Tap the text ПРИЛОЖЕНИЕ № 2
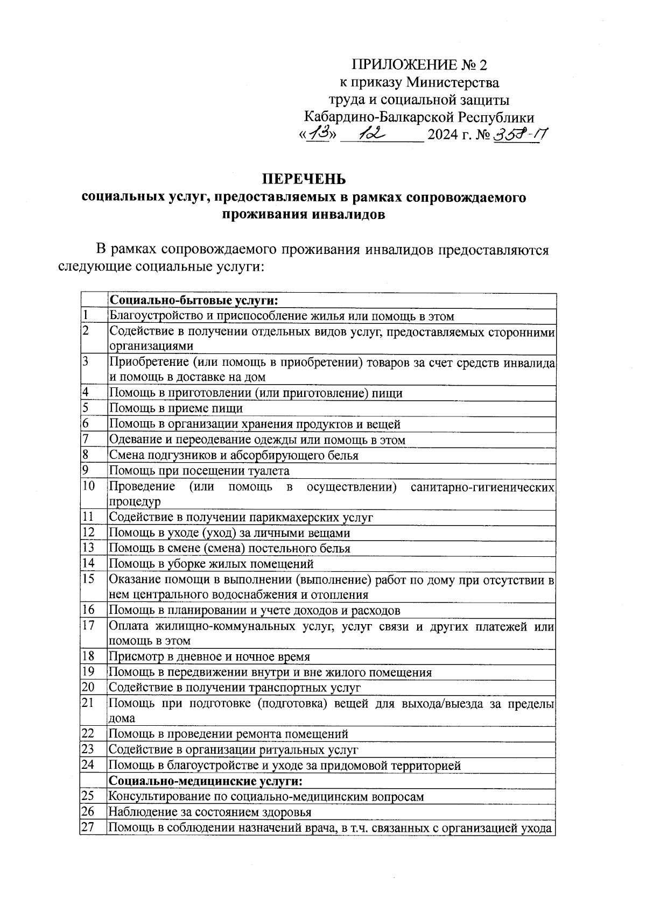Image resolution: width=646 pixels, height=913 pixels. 419,66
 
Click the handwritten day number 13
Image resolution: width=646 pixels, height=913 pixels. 321,132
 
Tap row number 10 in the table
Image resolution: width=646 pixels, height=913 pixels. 88,486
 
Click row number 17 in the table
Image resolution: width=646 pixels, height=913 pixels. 88,626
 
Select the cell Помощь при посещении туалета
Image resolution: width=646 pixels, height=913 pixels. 199,471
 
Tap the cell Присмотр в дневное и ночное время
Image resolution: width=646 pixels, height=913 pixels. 209,657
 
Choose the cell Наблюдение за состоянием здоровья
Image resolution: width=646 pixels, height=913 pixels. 210,812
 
